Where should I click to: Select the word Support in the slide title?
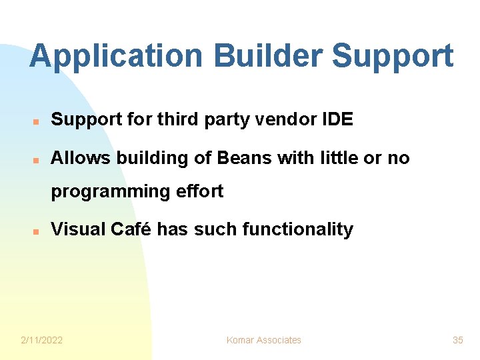tap(392, 57)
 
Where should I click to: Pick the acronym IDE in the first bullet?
tap(337, 120)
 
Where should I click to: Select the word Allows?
tap(81, 158)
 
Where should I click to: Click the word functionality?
tap(297, 229)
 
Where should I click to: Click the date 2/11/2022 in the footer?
tap(41, 340)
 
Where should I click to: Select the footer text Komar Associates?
tap(263, 340)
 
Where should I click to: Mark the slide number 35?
tap(457, 340)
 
